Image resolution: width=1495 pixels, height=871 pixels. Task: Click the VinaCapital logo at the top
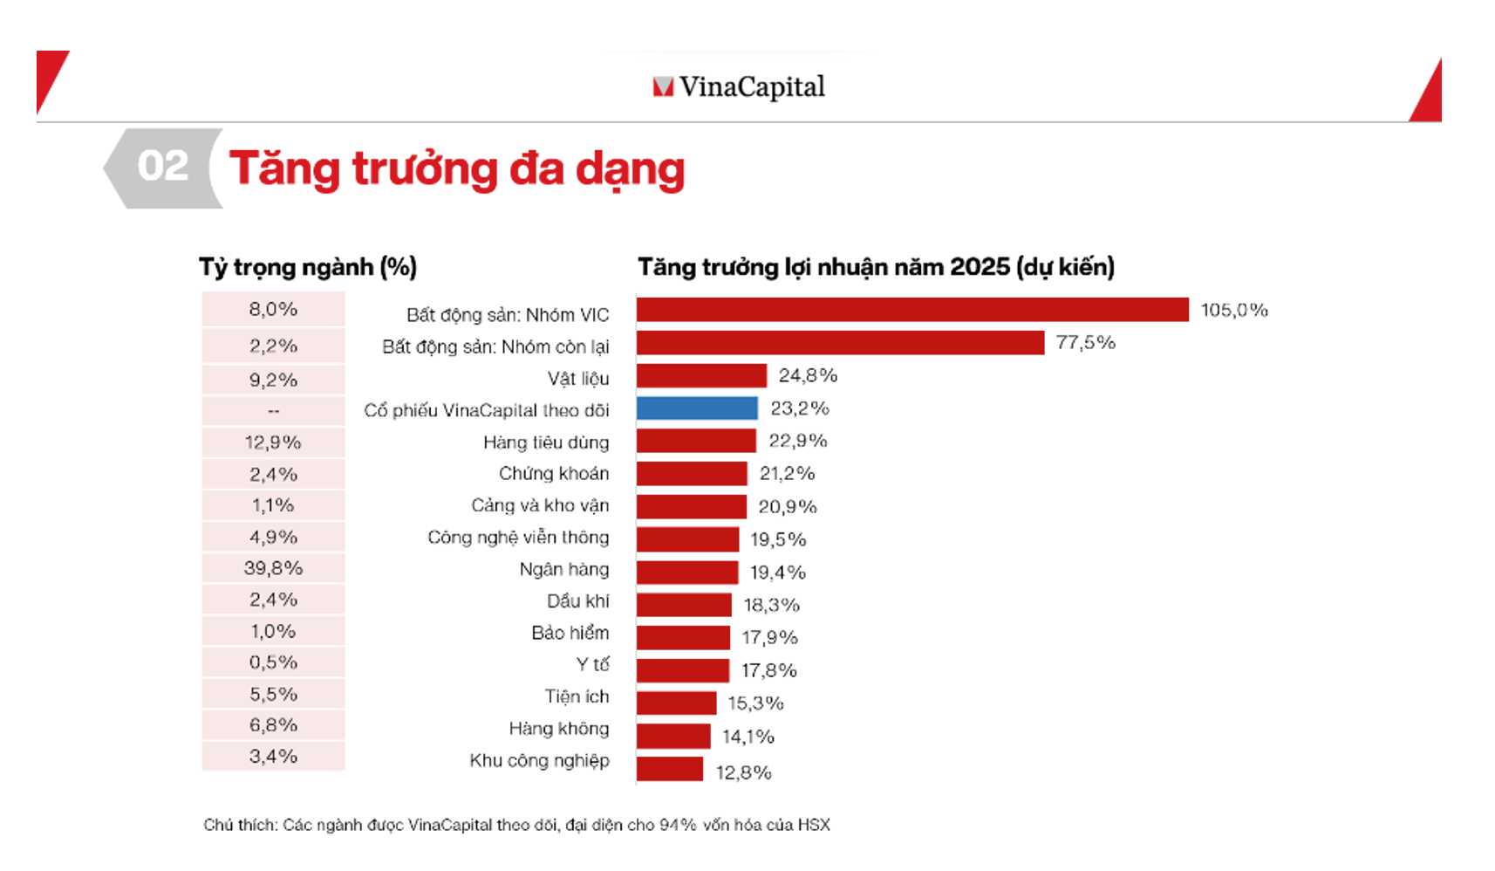(x=739, y=86)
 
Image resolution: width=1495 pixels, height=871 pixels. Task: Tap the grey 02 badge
(x=163, y=167)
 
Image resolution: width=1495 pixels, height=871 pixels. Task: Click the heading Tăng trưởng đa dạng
(x=457, y=168)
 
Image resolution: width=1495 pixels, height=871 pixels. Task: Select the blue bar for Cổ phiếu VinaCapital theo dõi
(x=697, y=408)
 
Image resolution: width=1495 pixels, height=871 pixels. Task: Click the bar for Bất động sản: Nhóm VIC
(x=911, y=310)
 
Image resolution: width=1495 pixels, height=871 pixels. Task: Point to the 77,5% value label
(x=1085, y=342)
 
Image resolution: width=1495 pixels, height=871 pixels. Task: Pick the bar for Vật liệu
(x=701, y=375)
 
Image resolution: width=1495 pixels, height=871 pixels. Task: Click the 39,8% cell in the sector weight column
(x=273, y=568)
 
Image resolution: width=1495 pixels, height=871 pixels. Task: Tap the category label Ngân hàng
(x=563, y=569)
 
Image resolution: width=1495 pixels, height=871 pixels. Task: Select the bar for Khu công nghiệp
(x=670, y=769)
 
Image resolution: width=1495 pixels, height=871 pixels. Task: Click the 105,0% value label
(x=1233, y=310)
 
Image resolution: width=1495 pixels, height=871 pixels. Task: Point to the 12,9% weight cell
(x=273, y=442)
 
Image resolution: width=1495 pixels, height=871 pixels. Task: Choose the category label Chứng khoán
(x=554, y=473)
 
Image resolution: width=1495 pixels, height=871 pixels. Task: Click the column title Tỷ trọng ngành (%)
(x=308, y=267)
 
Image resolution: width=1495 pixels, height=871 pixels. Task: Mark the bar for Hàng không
(x=673, y=736)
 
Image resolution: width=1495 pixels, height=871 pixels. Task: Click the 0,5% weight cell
(x=273, y=662)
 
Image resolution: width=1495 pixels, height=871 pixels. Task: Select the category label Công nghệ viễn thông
(x=518, y=537)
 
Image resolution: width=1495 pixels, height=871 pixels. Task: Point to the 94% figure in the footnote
(x=678, y=825)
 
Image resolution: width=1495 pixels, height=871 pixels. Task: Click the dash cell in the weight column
(x=273, y=411)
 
